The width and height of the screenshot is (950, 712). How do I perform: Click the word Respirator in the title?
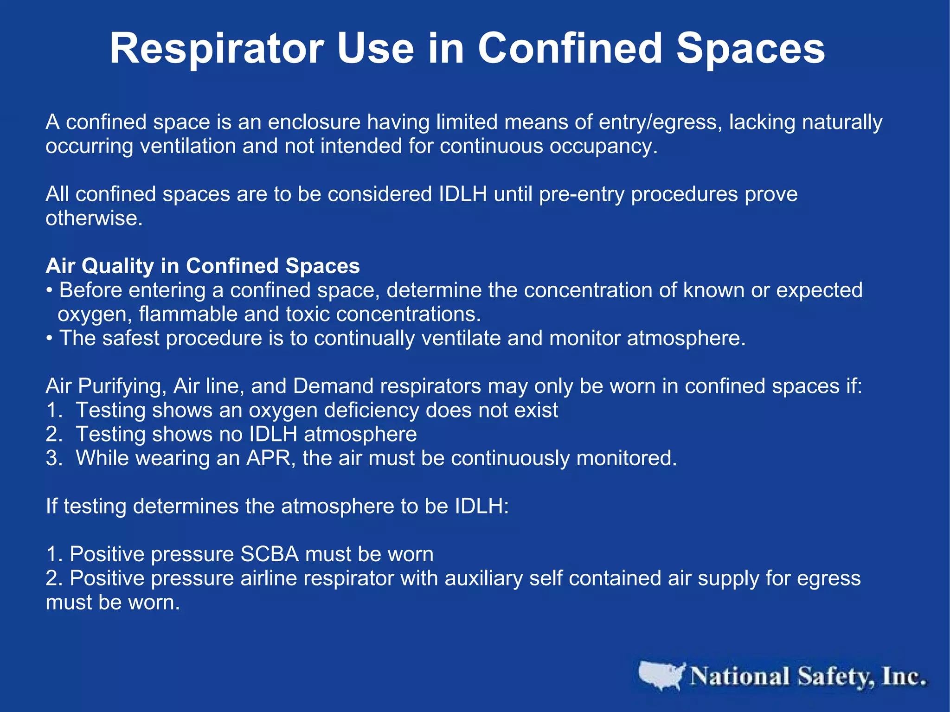[217, 49]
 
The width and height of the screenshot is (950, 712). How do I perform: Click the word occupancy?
[603, 147]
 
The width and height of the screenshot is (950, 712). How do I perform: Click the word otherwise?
[94, 218]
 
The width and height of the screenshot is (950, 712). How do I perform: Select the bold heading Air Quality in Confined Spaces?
[203, 266]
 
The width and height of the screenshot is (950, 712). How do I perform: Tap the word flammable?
[188, 314]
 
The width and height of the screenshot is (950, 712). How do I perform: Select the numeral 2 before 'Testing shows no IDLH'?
[51, 435]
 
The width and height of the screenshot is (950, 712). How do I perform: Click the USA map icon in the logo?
[661, 676]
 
